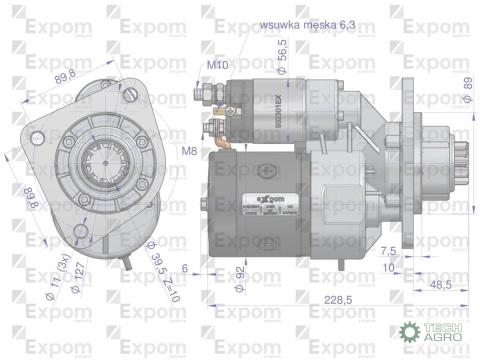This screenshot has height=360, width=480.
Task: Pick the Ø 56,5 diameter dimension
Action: point(282,53)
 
